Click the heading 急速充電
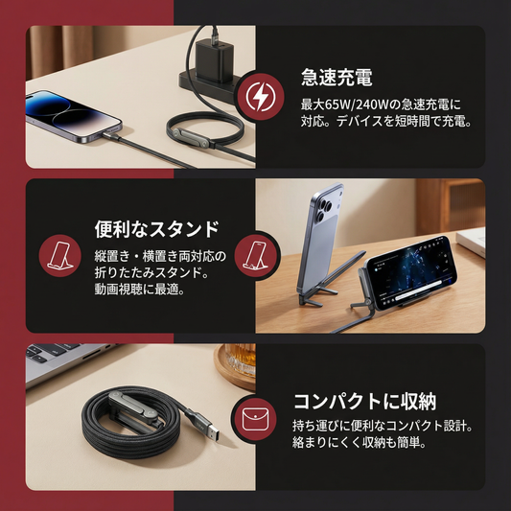click(337, 78)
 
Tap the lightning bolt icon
click(261, 97)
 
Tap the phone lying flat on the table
click(73, 116)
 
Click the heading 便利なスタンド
click(157, 229)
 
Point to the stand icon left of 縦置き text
click(60, 256)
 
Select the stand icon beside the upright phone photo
click(256, 256)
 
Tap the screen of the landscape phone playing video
click(410, 271)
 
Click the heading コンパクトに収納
click(364, 402)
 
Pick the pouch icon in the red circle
click(255, 419)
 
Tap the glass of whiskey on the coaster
click(241, 359)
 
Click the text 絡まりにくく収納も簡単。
click(360, 442)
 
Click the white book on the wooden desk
click(472, 242)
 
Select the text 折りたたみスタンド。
click(151, 273)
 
